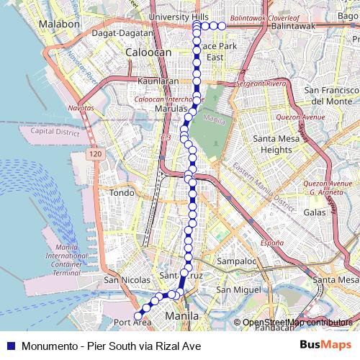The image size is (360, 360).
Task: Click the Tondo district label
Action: coord(121,193)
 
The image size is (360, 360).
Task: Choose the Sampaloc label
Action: coord(237,261)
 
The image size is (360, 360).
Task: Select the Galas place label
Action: coord(315,213)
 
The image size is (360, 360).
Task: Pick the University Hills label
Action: coord(179,16)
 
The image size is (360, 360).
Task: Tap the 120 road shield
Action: coord(96,154)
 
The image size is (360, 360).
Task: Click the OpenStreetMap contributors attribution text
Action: coord(297,323)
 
